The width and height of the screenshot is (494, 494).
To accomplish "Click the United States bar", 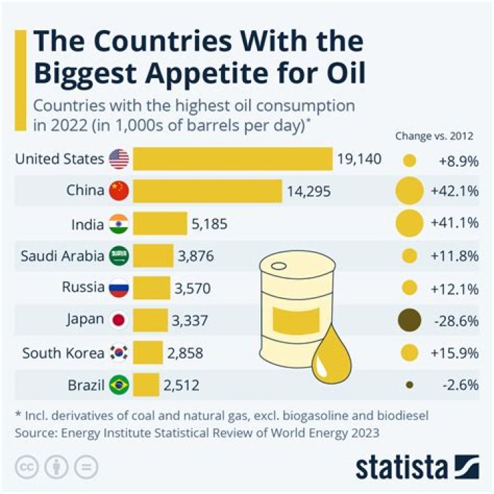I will [233, 160].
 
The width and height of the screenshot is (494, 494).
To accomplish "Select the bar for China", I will [207, 191].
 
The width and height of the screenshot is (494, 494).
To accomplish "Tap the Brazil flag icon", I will [119, 385].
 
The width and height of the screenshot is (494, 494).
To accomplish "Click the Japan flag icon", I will [119, 320].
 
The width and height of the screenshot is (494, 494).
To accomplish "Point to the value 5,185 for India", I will [209, 224].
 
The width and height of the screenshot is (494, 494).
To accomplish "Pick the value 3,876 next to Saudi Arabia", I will [196, 256].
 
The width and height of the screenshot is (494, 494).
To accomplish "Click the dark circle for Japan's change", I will [410, 320].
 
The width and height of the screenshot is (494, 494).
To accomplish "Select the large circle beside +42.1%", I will [410, 191].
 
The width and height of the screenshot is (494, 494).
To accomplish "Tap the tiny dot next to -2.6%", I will [410, 385].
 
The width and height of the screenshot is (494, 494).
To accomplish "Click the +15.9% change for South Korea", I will [454, 353].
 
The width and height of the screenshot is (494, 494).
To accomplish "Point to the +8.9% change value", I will [456, 161].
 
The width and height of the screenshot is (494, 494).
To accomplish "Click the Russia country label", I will [83, 288].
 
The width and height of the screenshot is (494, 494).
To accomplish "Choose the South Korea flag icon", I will [119, 353].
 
